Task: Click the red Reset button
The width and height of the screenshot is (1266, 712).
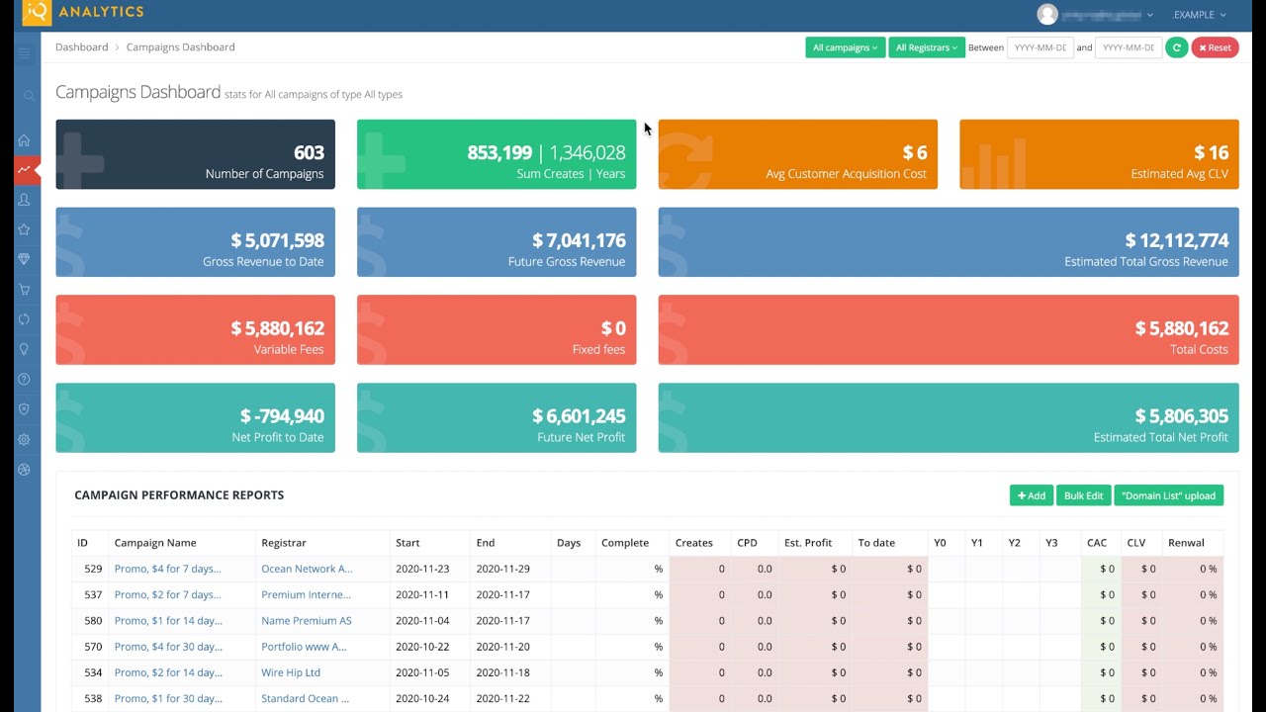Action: click(1215, 47)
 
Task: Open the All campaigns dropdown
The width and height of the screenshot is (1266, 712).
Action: click(845, 47)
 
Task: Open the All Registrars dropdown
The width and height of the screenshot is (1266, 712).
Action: click(926, 47)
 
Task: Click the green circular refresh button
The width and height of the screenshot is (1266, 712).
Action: click(1176, 47)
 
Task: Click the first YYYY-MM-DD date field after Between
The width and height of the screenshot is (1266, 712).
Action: click(1040, 47)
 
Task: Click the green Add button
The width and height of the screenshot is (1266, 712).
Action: click(1031, 495)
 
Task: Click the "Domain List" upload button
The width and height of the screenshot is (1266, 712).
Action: click(1168, 495)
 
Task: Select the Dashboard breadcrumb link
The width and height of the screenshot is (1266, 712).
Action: click(81, 47)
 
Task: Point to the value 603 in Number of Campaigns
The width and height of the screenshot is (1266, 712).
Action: click(309, 152)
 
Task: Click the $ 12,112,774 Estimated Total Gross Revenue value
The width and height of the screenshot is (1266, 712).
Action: click(1176, 240)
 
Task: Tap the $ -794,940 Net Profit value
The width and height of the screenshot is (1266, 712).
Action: click(282, 416)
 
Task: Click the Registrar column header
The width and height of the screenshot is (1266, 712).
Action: click(284, 543)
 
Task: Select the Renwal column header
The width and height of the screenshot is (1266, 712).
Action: click(1186, 543)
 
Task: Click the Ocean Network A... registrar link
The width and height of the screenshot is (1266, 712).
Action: click(307, 569)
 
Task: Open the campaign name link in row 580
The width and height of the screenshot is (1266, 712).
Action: click(168, 621)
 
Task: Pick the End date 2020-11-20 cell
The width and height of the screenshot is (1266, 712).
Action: click(502, 647)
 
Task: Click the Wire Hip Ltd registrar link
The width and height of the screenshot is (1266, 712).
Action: click(291, 672)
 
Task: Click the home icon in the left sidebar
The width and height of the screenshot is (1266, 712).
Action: click(24, 140)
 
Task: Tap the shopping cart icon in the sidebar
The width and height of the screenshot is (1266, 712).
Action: click(24, 290)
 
